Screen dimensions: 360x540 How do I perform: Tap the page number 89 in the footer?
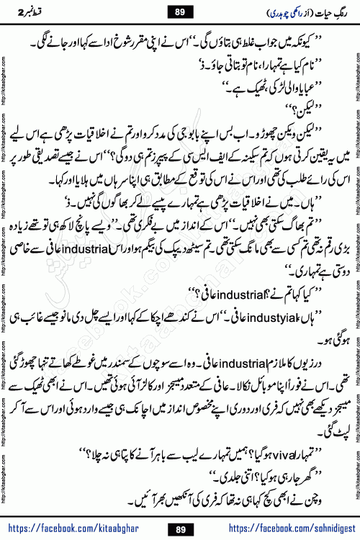(x=181, y=529)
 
